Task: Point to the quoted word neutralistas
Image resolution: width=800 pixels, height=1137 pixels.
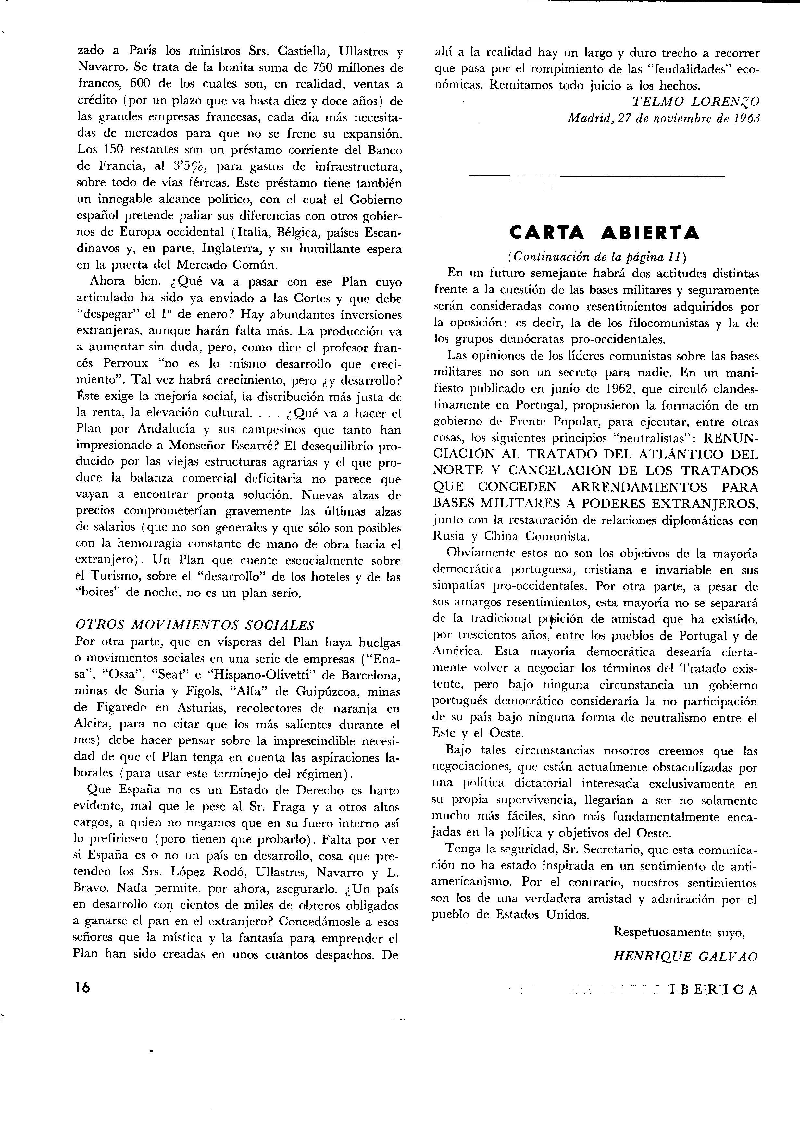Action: [639, 438]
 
